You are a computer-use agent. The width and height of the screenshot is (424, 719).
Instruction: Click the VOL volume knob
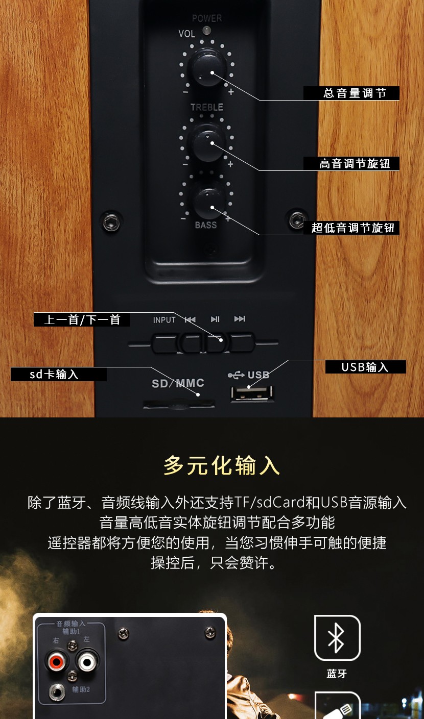coord(207,67)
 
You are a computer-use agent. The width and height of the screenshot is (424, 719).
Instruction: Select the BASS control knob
coord(208,204)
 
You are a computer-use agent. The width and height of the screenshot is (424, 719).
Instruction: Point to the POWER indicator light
coord(206,31)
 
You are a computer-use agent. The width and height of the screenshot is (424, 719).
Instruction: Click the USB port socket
coord(252,393)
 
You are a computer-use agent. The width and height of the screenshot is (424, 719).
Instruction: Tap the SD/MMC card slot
coord(179,404)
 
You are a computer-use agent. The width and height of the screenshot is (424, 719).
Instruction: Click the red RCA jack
coord(56,661)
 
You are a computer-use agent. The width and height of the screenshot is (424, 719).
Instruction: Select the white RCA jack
coord(87,661)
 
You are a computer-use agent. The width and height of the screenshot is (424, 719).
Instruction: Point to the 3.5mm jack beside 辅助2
coord(57,692)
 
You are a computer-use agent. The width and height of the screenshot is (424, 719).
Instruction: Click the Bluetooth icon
coord(337,638)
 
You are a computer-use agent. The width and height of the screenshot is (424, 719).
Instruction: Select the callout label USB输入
coord(366,367)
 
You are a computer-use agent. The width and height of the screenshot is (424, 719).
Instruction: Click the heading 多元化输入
coord(222,465)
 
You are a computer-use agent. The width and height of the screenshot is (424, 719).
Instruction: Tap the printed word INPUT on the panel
coord(164,320)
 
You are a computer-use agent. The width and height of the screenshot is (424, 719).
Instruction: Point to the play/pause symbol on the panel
coord(215,319)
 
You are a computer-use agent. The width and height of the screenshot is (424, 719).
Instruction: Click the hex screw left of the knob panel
coord(111,222)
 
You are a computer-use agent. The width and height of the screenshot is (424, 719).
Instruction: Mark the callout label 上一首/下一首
coord(82,320)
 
